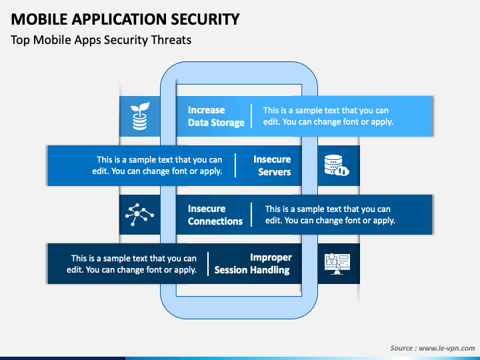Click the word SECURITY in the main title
[205, 19]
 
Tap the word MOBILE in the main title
[39, 19]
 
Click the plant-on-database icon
[140, 116]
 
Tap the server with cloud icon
[337, 165]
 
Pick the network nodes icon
[139, 214]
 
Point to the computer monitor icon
[337, 264]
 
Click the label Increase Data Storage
[216, 116]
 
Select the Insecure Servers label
[272, 165]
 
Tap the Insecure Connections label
[215, 215]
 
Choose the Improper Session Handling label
[253, 264]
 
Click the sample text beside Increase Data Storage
[328, 116]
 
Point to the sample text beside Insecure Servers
[157, 165]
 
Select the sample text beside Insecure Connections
[330, 215]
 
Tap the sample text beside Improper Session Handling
[131, 264]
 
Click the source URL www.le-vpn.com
[447, 348]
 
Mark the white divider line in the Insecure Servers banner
[235, 165]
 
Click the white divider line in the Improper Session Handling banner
[208, 264]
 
